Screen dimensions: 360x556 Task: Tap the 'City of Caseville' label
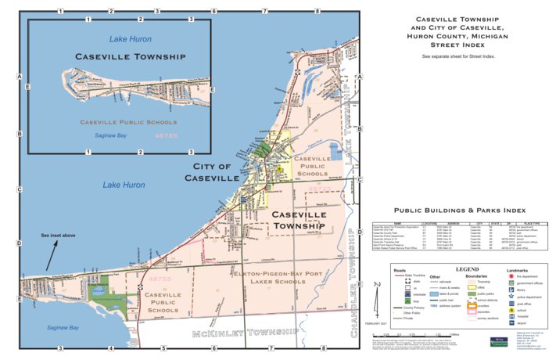point(212,172)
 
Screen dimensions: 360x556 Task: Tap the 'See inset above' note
point(59,235)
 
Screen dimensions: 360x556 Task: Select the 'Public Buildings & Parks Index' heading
point(459,211)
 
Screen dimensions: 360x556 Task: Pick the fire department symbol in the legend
point(511,277)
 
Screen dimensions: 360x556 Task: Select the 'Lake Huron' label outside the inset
point(124,185)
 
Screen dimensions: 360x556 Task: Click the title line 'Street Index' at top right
point(457,45)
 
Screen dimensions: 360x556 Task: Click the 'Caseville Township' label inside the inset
point(130,57)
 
